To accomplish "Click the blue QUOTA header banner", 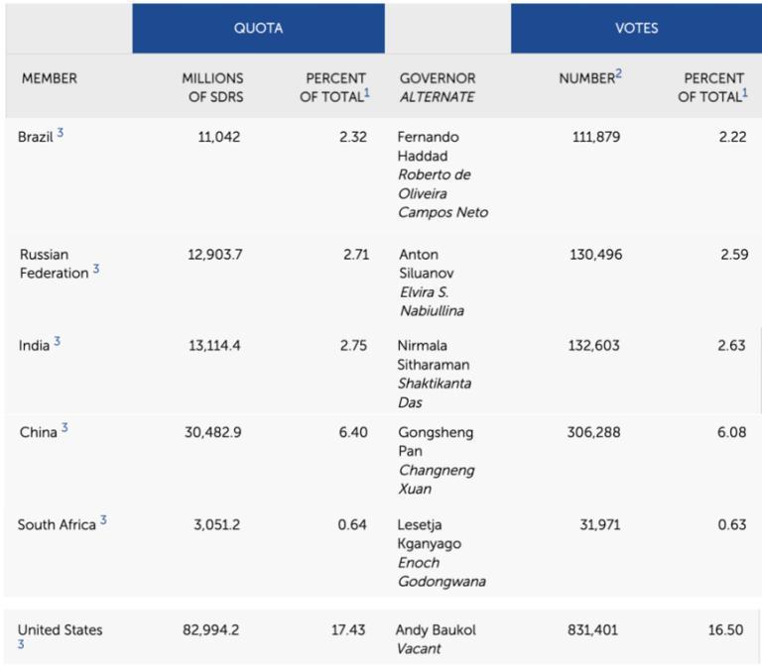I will click(258, 28).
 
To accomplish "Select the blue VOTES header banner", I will click(636, 28).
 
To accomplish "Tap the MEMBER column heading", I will click(50, 78).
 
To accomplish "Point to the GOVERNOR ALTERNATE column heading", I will click(438, 87).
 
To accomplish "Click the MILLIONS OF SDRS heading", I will click(212, 87).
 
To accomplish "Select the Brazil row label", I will click(36, 137).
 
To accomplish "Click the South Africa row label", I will click(57, 524).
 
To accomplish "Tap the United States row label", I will click(60, 630).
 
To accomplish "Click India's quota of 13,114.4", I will click(214, 345).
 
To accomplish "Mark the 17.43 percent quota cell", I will click(348, 630).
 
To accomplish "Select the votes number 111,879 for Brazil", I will click(596, 137).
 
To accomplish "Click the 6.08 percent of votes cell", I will click(732, 432).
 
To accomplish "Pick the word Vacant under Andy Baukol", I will click(420, 649).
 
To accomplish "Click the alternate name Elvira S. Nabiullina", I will click(432, 301).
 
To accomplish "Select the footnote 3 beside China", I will click(64, 429).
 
